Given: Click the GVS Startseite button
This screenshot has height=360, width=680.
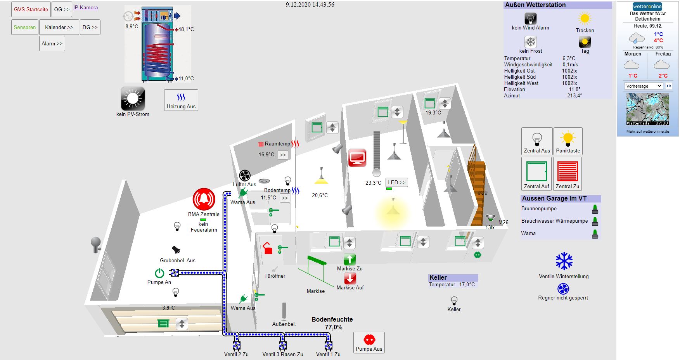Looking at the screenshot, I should click(x=31, y=9).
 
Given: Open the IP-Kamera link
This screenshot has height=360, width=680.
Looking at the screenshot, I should click(x=85, y=7).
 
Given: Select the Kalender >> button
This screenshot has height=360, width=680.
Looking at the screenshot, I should click(x=59, y=27).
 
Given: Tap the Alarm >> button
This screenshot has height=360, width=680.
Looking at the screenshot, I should click(x=52, y=43).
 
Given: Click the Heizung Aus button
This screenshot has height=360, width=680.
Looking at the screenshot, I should click(x=181, y=100).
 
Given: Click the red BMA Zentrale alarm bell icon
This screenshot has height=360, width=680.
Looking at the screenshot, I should click(x=204, y=199).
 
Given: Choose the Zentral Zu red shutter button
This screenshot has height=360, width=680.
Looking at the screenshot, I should click(x=567, y=173).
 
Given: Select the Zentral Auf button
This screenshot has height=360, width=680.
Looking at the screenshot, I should click(x=536, y=173).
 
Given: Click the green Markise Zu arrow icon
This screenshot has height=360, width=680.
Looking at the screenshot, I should click(x=350, y=259).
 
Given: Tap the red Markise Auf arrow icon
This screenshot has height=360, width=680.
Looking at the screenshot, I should click(x=350, y=278).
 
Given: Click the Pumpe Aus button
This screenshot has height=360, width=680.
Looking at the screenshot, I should click(x=369, y=343).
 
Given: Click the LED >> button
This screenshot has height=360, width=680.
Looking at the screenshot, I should click(x=396, y=182).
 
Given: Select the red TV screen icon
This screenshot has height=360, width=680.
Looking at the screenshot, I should click(x=357, y=157).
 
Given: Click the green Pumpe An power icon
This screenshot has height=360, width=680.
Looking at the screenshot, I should click(x=159, y=273).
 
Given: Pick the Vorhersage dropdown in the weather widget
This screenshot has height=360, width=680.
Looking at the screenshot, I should click(x=644, y=86).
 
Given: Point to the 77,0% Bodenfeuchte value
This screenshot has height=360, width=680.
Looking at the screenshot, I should click(x=334, y=327).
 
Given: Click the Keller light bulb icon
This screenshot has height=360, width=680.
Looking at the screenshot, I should click(x=454, y=301).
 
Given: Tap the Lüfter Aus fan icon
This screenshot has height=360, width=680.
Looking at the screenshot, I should click(x=245, y=176).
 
